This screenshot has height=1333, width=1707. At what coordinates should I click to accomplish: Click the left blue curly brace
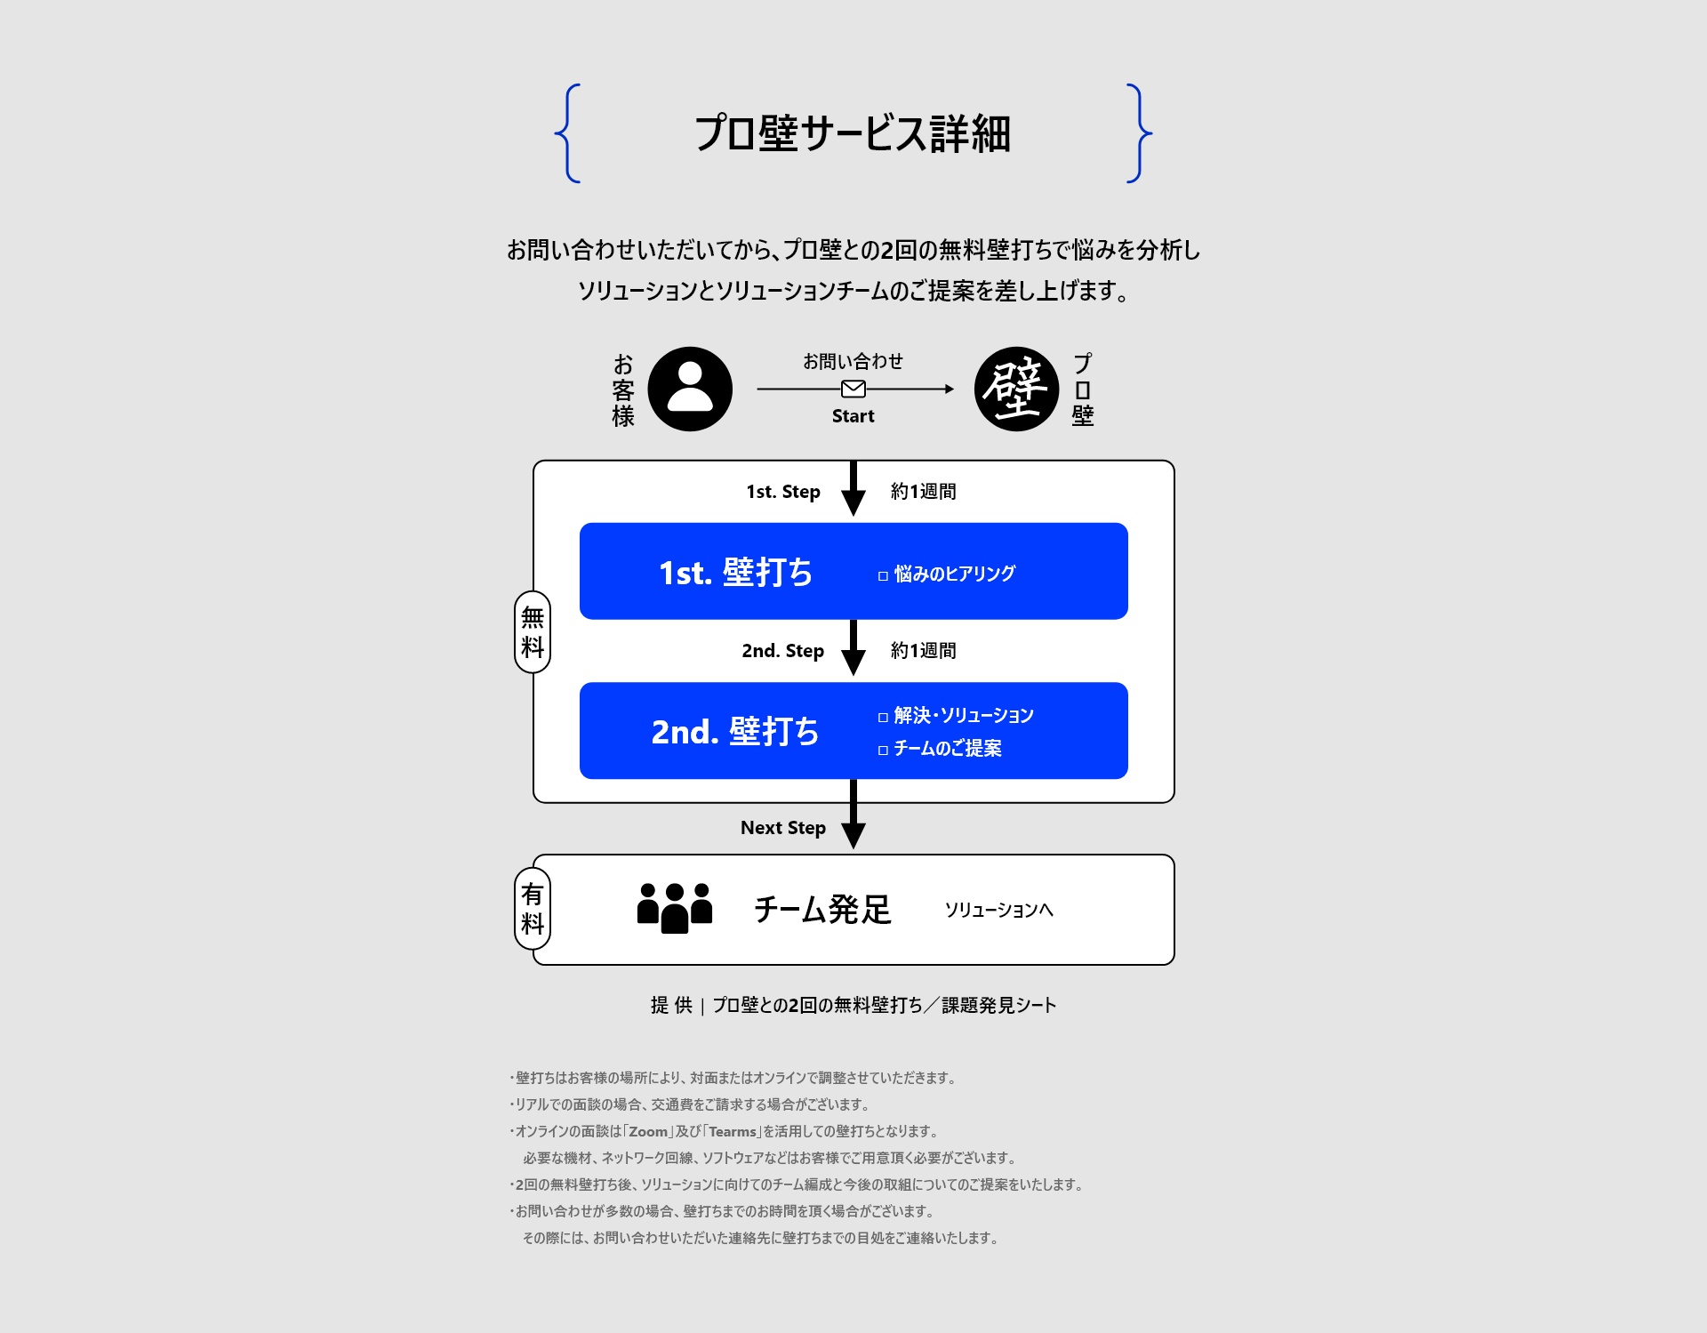pyautogui.click(x=568, y=133)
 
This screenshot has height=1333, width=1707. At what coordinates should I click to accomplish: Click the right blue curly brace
pyautogui.click(x=1139, y=133)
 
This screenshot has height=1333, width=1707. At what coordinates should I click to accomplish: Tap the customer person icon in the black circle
pyautogui.click(x=690, y=389)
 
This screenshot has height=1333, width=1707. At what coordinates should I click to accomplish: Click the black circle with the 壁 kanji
pyautogui.click(x=1016, y=389)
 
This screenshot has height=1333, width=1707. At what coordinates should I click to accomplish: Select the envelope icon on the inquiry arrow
pyautogui.click(x=853, y=389)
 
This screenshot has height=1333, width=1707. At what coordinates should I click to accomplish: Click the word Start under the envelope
pyautogui.click(x=853, y=416)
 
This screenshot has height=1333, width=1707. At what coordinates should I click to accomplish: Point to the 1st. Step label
pyautogui.click(x=783, y=492)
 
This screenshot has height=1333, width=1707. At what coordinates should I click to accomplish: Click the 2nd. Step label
pyautogui.click(x=783, y=651)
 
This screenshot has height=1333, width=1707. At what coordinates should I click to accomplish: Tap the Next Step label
pyautogui.click(x=783, y=828)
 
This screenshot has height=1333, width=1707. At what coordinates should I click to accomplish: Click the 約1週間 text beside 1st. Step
pyautogui.click(x=924, y=492)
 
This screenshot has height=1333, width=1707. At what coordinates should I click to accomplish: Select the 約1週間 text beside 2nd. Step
pyautogui.click(x=924, y=651)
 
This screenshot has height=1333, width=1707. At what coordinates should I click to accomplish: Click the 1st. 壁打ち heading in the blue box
pyautogui.click(x=736, y=573)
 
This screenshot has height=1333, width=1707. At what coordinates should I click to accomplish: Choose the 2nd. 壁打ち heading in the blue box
pyautogui.click(x=735, y=732)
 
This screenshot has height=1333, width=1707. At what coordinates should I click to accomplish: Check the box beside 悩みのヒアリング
pyautogui.click(x=883, y=576)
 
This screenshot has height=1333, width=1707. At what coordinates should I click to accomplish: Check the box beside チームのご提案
pyautogui.click(x=883, y=751)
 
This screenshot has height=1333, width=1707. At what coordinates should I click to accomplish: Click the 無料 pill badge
pyautogui.click(x=533, y=632)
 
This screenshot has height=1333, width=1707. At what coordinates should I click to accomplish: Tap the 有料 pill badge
pyautogui.click(x=533, y=909)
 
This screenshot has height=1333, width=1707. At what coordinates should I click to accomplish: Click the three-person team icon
pyautogui.click(x=675, y=908)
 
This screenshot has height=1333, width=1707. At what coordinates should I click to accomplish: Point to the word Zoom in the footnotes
pyautogui.click(x=648, y=1132)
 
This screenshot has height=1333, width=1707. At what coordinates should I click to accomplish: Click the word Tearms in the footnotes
pyautogui.click(x=733, y=1132)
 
